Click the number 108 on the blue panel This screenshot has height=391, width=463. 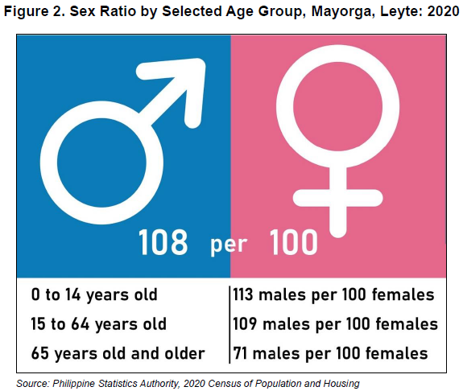[x=163, y=242]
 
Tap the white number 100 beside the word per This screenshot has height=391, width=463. [x=294, y=242]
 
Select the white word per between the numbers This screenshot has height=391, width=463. [x=229, y=245]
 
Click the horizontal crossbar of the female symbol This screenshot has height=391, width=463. [x=338, y=198]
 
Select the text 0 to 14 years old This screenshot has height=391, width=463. [x=94, y=294]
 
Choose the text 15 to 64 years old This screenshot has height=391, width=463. [x=98, y=324]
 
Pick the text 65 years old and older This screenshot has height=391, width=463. [x=118, y=353]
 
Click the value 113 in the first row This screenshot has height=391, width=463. [x=243, y=294]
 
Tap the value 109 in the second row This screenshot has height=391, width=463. [x=245, y=323]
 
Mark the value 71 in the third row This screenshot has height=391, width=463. [x=240, y=353]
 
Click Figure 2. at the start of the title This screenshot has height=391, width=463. [x=35, y=12]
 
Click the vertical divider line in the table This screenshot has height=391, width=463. [x=229, y=324]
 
